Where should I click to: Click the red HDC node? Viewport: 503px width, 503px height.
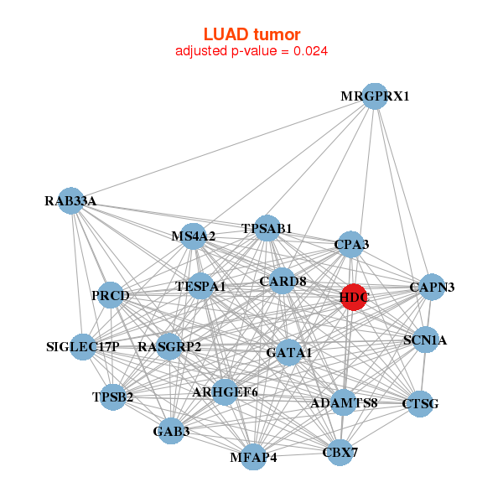354,297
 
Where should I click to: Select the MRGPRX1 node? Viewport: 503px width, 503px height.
375,96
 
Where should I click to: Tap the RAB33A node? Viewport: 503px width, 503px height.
71,201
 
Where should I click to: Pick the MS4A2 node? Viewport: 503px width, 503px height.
194,236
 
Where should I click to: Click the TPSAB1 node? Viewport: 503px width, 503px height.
267,228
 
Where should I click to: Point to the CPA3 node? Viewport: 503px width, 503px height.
350,244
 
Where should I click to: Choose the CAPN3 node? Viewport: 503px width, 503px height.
432,288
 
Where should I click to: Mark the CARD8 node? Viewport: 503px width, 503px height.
283,281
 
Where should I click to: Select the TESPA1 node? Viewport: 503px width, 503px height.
201,287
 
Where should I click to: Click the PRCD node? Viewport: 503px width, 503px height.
111,295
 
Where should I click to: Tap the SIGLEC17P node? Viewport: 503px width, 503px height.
83,346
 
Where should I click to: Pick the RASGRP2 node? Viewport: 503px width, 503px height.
169,346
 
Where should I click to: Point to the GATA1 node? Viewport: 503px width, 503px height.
288,353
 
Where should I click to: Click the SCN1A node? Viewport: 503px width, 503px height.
425,340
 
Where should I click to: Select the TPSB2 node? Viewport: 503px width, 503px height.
113,397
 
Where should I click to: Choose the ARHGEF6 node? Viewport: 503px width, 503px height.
225,392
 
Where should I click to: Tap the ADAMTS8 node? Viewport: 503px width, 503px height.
344,402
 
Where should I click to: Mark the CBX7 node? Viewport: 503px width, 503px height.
340,453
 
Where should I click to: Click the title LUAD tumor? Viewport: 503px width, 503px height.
251,34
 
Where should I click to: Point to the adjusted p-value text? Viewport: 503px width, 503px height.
251,51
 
